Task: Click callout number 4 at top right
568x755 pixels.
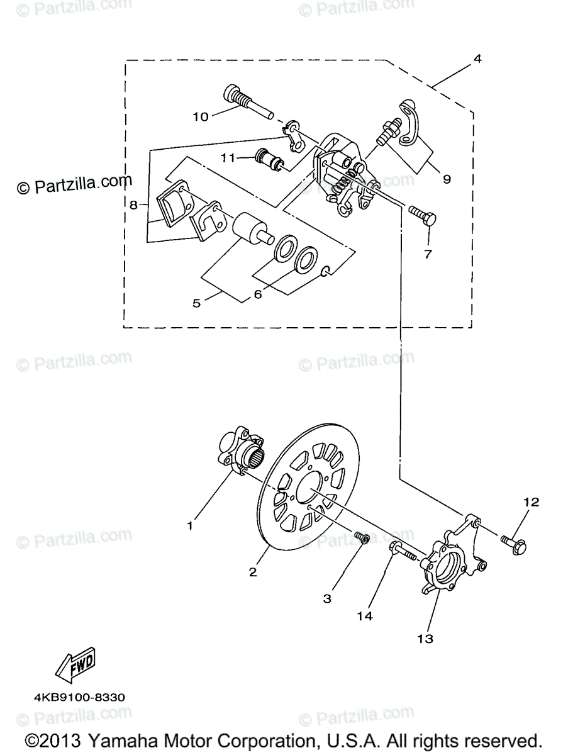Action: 477,59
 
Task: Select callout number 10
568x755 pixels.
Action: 200,116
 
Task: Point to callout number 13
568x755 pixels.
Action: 426,639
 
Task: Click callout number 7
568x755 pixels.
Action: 428,254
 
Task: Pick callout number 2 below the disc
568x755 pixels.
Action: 252,572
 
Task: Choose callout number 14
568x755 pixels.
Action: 364,616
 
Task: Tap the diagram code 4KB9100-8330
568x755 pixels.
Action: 80,697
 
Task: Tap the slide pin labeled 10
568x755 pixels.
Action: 246,103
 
